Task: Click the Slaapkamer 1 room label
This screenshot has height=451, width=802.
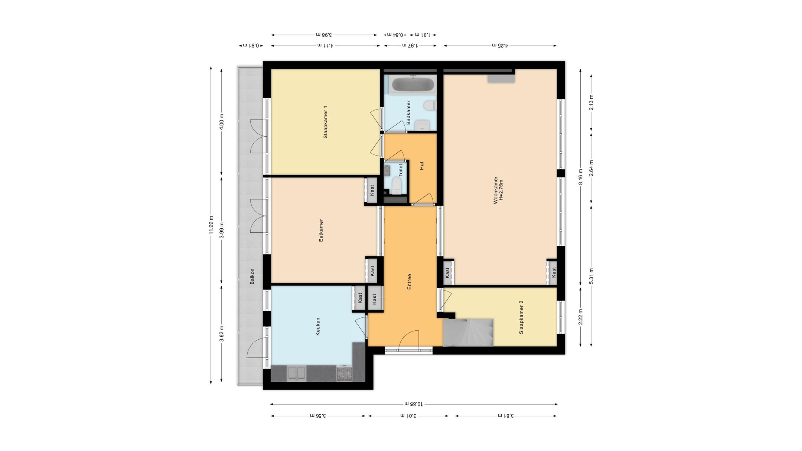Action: pos(325,122)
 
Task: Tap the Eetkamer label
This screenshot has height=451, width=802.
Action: pos(321,231)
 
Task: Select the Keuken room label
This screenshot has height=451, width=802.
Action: pos(318,327)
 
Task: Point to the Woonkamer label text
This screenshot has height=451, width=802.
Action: pos(495,190)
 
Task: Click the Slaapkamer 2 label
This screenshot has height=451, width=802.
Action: pos(521,317)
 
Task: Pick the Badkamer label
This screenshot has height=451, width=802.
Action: pos(408,112)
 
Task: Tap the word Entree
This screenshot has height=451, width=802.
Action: pos(410,282)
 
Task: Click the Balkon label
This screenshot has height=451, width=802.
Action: pos(252,277)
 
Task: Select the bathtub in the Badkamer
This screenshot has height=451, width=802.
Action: pos(413,84)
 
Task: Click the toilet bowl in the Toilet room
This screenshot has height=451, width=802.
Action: pos(397,186)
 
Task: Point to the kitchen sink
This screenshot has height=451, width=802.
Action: pos(296,373)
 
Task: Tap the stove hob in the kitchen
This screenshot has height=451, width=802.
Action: pos(344,373)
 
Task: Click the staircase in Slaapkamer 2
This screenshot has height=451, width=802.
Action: pos(468,332)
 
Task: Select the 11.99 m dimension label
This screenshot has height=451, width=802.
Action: pos(211,225)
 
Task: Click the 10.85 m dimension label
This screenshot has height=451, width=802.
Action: pos(414,404)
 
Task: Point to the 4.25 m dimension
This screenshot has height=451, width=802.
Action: pos(500,46)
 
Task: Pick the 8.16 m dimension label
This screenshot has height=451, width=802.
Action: pos(581,177)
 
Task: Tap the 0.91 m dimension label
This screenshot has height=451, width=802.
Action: pos(251,46)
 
